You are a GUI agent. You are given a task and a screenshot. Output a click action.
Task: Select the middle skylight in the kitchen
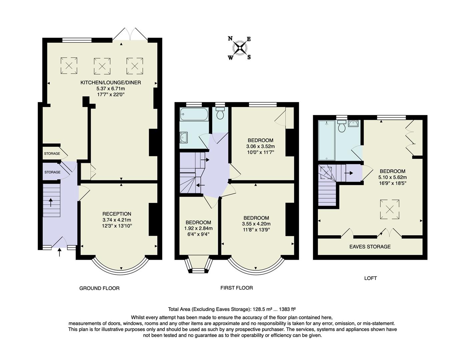tap(102, 66)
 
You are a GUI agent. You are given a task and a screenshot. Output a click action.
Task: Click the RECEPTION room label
tap(116, 214)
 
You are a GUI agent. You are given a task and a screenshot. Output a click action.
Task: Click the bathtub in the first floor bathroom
tap(194, 114)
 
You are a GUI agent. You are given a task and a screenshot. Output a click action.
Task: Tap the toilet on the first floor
tap(220, 114)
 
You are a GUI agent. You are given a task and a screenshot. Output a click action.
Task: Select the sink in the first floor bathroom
tap(183, 137)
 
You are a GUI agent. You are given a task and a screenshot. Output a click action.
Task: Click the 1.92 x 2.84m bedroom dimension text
tap(198, 229)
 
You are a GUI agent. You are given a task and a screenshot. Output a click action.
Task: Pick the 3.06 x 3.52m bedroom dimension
tap(260, 146)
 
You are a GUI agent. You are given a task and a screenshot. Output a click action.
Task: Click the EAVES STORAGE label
tap(370, 247)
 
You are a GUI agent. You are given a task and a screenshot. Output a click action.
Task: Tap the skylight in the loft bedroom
tap(389, 209)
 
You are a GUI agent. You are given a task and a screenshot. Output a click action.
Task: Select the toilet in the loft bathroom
tap(342, 126)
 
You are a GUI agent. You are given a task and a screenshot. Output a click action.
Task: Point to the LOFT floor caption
tap(370, 278)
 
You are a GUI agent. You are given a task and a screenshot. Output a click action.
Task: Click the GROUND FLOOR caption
tap(99, 288)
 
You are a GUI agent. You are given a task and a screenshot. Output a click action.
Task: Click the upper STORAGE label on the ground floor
tap(52, 154)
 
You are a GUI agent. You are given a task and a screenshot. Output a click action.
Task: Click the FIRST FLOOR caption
tap(237, 288)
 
